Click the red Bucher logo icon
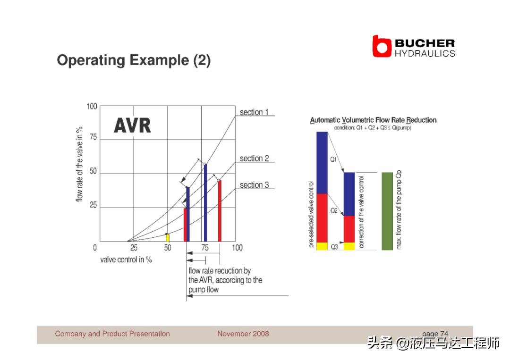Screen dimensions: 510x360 tap(382, 46)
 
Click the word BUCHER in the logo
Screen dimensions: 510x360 tap(425, 43)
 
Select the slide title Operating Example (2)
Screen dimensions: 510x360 tap(134, 60)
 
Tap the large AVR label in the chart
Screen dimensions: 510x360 tap(132, 126)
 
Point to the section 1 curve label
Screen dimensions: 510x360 tap(254, 112)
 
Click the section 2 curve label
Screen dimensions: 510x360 tap(255, 158)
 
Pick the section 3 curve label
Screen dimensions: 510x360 tap(255, 185)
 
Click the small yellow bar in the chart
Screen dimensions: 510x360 tap(168, 237)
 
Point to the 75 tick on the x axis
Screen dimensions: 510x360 tap(204, 248)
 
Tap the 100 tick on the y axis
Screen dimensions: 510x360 tap(92, 106)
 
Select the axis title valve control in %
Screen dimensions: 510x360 tap(126, 260)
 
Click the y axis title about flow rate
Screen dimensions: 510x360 tap(79, 164)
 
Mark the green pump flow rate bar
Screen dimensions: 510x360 tap(387, 211)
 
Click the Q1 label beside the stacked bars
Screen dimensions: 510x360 tap(333, 159)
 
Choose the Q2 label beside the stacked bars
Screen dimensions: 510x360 tap(334, 210)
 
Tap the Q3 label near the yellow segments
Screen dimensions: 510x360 tap(334, 247)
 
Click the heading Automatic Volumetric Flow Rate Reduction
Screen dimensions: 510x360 tap(373, 120)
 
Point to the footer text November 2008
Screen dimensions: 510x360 tap(243, 334)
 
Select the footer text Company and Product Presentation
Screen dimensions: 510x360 tap(112, 334)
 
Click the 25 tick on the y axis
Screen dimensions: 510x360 tap(93, 205)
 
